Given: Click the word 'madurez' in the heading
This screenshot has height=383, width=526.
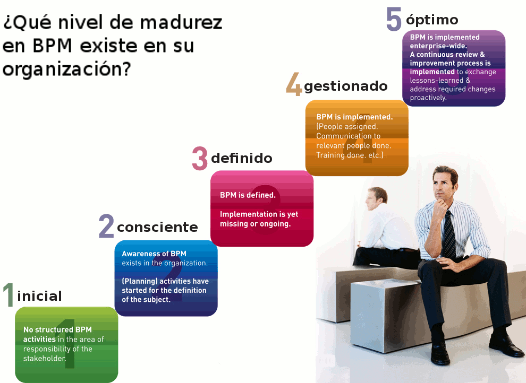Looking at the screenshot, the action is [181, 22].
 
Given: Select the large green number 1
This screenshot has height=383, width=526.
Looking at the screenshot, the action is [8, 294].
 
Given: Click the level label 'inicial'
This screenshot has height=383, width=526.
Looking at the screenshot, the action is [40, 296].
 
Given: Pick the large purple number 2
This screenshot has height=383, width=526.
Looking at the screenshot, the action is [106, 227].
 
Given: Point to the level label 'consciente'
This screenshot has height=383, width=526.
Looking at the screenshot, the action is [157, 228].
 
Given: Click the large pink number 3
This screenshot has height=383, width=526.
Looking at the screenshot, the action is [200, 159].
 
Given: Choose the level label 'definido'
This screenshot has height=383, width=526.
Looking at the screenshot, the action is [242, 158].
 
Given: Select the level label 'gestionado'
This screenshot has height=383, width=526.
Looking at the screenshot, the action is [345, 86].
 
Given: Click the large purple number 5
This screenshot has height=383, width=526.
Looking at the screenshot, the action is [394, 20].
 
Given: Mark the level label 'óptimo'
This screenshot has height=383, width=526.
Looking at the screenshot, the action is [432, 20].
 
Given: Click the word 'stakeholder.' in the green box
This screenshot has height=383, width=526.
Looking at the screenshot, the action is [45, 359].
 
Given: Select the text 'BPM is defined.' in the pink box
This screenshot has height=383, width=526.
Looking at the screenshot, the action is [248, 195].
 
